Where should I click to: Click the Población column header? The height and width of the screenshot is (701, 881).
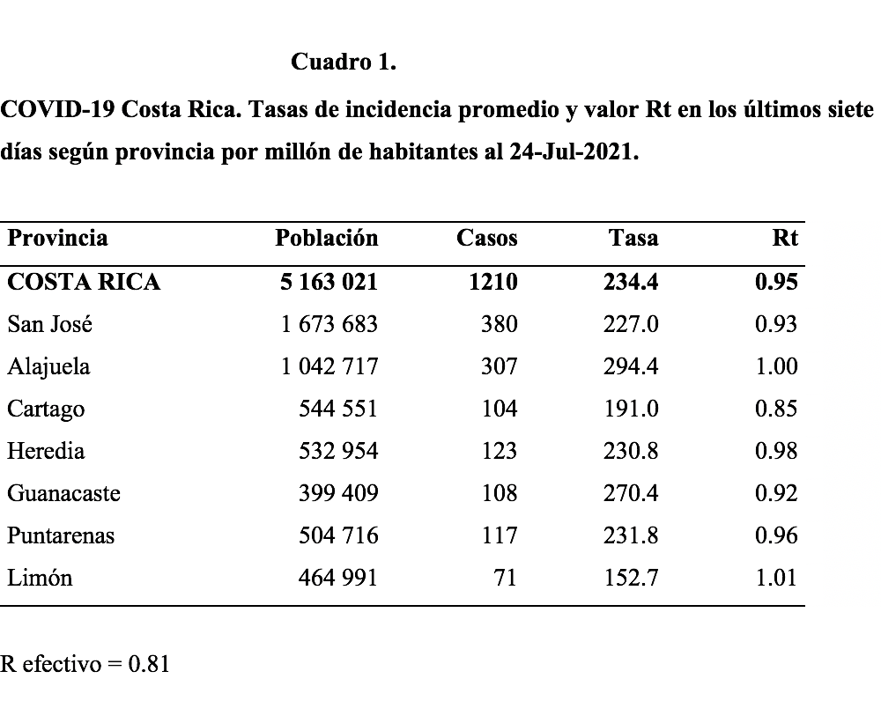pyautogui.click(x=327, y=238)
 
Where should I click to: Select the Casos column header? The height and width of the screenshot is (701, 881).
pyautogui.click(x=486, y=238)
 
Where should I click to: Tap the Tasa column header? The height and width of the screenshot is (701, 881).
pyautogui.click(x=633, y=238)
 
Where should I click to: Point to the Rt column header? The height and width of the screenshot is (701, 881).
pyautogui.click(x=785, y=238)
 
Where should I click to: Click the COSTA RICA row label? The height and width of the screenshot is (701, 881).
pyautogui.click(x=84, y=282)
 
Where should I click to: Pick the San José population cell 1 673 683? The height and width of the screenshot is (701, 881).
pyautogui.click(x=329, y=324)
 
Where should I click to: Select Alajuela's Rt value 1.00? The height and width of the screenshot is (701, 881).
pyautogui.click(x=776, y=366)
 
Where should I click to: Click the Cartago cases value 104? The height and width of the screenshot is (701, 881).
pyautogui.click(x=500, y=409)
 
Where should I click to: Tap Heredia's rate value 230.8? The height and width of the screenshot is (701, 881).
pyautogui.click(x=631, y=451)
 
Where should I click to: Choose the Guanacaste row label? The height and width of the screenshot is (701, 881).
pyautogui.click(x=63, y=493)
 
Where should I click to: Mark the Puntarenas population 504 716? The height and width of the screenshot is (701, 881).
pyautogui.click(x=338, y=535)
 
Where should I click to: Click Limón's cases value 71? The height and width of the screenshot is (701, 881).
pyautogui.click(x=506, y=578)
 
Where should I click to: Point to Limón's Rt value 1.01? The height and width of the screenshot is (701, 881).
pyautogui.click(x=776, y=578)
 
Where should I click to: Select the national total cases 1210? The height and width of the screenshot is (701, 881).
pyautogui.click(x=493, y=282)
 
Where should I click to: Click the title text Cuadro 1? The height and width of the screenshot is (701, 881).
pyautogui.click(x=344, y=62)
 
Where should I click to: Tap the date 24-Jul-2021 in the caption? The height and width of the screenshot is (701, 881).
pyautogui.click(x=574, y=151)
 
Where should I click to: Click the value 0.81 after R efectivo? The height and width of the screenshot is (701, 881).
pyautogui.click(x=149, y=664)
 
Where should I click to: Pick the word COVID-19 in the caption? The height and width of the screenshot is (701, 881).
pyautogui.click(x=58, y=109)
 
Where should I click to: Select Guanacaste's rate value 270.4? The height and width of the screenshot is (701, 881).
pyautogui.click(x=631, y=493)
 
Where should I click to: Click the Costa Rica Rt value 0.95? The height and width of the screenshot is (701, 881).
pyautogui.click(x=776, y=282)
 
